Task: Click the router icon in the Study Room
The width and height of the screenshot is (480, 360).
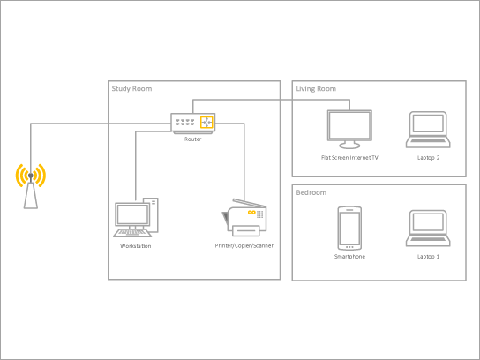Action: pos(192,124)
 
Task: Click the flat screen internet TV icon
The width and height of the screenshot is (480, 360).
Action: pos(349,129)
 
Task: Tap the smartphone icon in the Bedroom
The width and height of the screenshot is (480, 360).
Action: pos(349,228)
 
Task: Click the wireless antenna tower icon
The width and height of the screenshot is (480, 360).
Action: pos(31,184)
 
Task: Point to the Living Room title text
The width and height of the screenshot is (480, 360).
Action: pos(316,88)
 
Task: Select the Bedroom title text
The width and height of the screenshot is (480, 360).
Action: pos(311,192)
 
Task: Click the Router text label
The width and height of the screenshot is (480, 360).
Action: pos(192,139)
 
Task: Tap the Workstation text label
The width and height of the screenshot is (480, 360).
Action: pos(135,246)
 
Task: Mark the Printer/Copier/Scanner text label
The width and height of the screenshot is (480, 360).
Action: pos(244,245)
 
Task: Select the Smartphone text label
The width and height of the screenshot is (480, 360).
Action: pos(349,257)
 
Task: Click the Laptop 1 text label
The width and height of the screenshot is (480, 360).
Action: pos(428,257)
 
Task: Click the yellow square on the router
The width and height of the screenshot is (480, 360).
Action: pos(206,124)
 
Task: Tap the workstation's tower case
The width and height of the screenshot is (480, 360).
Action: pos(153,214)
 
